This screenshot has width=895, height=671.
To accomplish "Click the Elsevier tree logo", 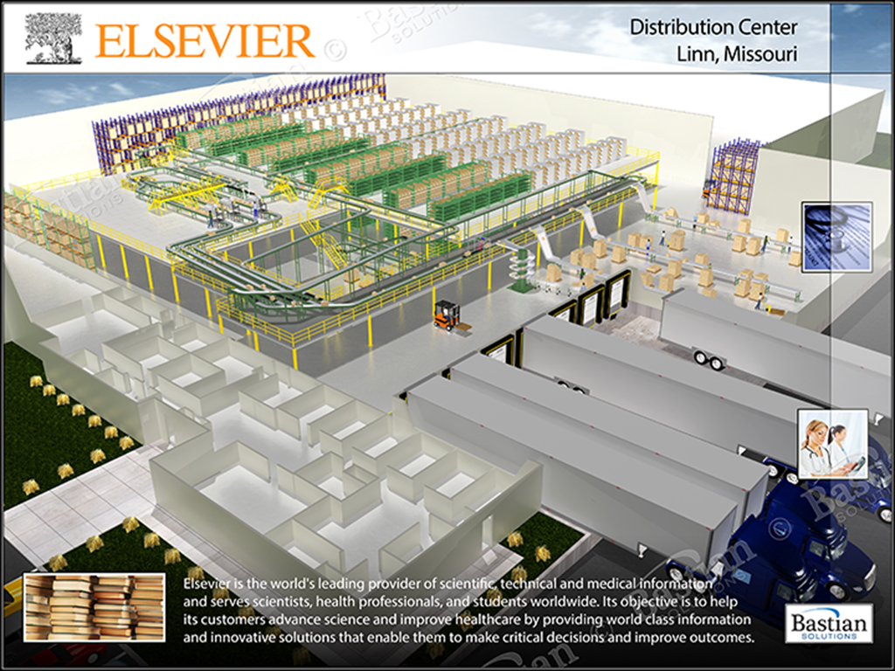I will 52,38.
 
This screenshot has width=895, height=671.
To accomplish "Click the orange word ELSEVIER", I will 205,41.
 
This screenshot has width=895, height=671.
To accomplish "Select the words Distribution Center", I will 713,27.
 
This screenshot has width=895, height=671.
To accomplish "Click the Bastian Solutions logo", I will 829,623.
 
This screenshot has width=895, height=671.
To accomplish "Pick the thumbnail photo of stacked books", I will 94,607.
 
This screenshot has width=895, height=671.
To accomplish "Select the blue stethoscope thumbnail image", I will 836,237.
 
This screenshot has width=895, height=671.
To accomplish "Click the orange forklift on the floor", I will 447,315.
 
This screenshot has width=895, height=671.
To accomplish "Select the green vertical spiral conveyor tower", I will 522,266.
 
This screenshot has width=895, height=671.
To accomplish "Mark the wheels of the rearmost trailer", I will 707,358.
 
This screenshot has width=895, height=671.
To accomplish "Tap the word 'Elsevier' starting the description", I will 212,584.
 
